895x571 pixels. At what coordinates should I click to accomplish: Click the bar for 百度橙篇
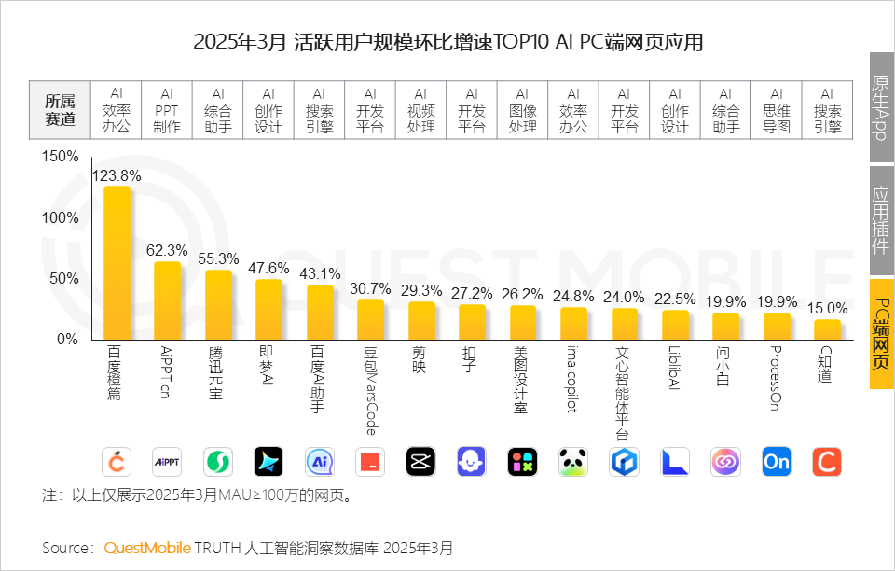117,262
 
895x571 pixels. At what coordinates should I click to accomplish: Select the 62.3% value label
167,250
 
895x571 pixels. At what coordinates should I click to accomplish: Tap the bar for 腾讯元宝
218,304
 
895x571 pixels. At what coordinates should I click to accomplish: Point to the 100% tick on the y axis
61,217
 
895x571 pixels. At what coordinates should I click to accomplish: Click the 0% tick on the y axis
66,339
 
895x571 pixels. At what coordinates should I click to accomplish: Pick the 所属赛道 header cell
61,110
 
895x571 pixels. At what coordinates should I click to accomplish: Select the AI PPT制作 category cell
167,110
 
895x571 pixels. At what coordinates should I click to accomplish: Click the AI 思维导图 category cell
776,110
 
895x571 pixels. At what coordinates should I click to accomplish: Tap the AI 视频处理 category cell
420,110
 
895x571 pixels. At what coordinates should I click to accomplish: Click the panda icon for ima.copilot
573,462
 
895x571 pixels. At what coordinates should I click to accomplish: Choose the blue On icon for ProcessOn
776,462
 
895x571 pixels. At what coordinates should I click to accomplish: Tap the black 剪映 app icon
420,462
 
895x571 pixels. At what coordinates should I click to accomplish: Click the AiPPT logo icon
167,462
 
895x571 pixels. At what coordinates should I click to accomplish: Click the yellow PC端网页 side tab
881,333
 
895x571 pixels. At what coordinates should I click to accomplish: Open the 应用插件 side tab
881,219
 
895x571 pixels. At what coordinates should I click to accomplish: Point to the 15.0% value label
827,308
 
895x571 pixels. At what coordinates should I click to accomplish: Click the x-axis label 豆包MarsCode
370,391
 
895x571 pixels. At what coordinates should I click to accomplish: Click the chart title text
447,43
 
